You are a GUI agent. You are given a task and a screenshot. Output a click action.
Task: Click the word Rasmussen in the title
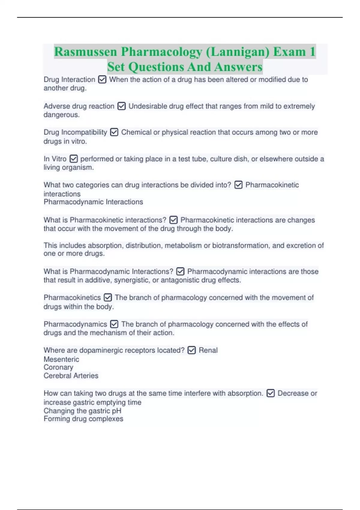pos(85,52)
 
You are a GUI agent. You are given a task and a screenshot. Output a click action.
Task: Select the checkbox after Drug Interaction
pos(102,79)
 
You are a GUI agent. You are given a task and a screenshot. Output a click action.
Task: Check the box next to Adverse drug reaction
pos(121,106)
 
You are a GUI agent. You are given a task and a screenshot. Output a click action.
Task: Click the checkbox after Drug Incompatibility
pos(114,132)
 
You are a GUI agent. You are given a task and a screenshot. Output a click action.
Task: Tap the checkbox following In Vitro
pos(73,159)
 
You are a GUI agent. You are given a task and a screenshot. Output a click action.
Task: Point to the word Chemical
pos(136,132)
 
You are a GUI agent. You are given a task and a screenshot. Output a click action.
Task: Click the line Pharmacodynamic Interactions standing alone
pos(93,202)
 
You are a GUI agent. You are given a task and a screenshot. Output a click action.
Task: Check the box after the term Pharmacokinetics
pos(108,298)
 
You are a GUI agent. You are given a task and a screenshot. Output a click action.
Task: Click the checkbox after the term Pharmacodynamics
pos(114,324)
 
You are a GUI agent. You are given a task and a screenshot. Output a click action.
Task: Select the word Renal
pos(208,350)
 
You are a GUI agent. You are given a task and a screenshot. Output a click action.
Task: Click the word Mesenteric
pos(61,359)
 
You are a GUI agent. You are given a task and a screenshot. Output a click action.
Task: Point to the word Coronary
pos(58,367)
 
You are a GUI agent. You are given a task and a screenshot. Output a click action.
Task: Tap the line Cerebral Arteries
pos(71,376)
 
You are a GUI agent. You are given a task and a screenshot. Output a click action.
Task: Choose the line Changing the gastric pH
pos(82,411)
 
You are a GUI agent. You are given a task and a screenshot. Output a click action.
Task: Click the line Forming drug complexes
pos(83,419)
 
